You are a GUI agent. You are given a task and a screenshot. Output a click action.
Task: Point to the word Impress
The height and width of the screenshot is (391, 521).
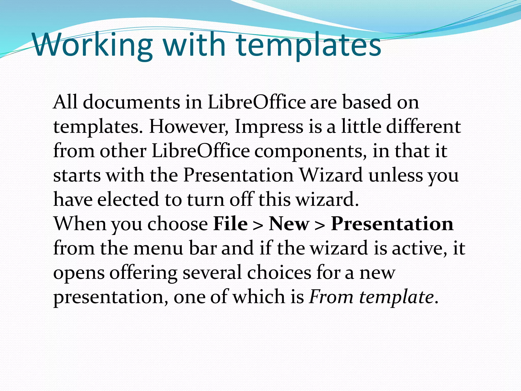point(269,127)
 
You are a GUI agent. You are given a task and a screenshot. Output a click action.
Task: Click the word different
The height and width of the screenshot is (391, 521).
point(423,127)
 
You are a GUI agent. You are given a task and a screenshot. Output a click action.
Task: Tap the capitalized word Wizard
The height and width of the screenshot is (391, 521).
point(331,175)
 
